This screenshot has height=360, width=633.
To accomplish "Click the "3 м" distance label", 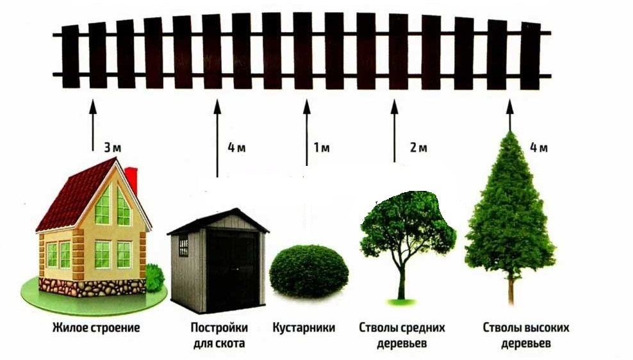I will click(112, 147).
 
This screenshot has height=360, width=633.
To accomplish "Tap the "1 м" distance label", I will click(321, 148).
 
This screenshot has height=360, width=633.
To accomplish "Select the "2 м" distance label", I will click(418, 148).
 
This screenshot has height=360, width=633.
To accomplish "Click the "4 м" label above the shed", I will click(236, 148).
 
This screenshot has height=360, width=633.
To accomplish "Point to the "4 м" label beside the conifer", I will click(538, 148).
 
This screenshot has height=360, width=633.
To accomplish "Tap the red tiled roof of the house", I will click(74, 192).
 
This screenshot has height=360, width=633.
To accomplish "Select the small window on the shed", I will click(183, 245).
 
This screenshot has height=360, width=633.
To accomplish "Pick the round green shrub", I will click(309, 271).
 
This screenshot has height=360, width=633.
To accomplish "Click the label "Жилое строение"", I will click(96, 328).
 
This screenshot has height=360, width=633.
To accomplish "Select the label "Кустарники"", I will click(304, 328).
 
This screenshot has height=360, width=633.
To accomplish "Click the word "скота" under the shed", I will click(231, 343).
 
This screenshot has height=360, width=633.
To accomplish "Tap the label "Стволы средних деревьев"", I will click(402, 336).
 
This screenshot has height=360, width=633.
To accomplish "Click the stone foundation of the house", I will click(90, 286).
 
